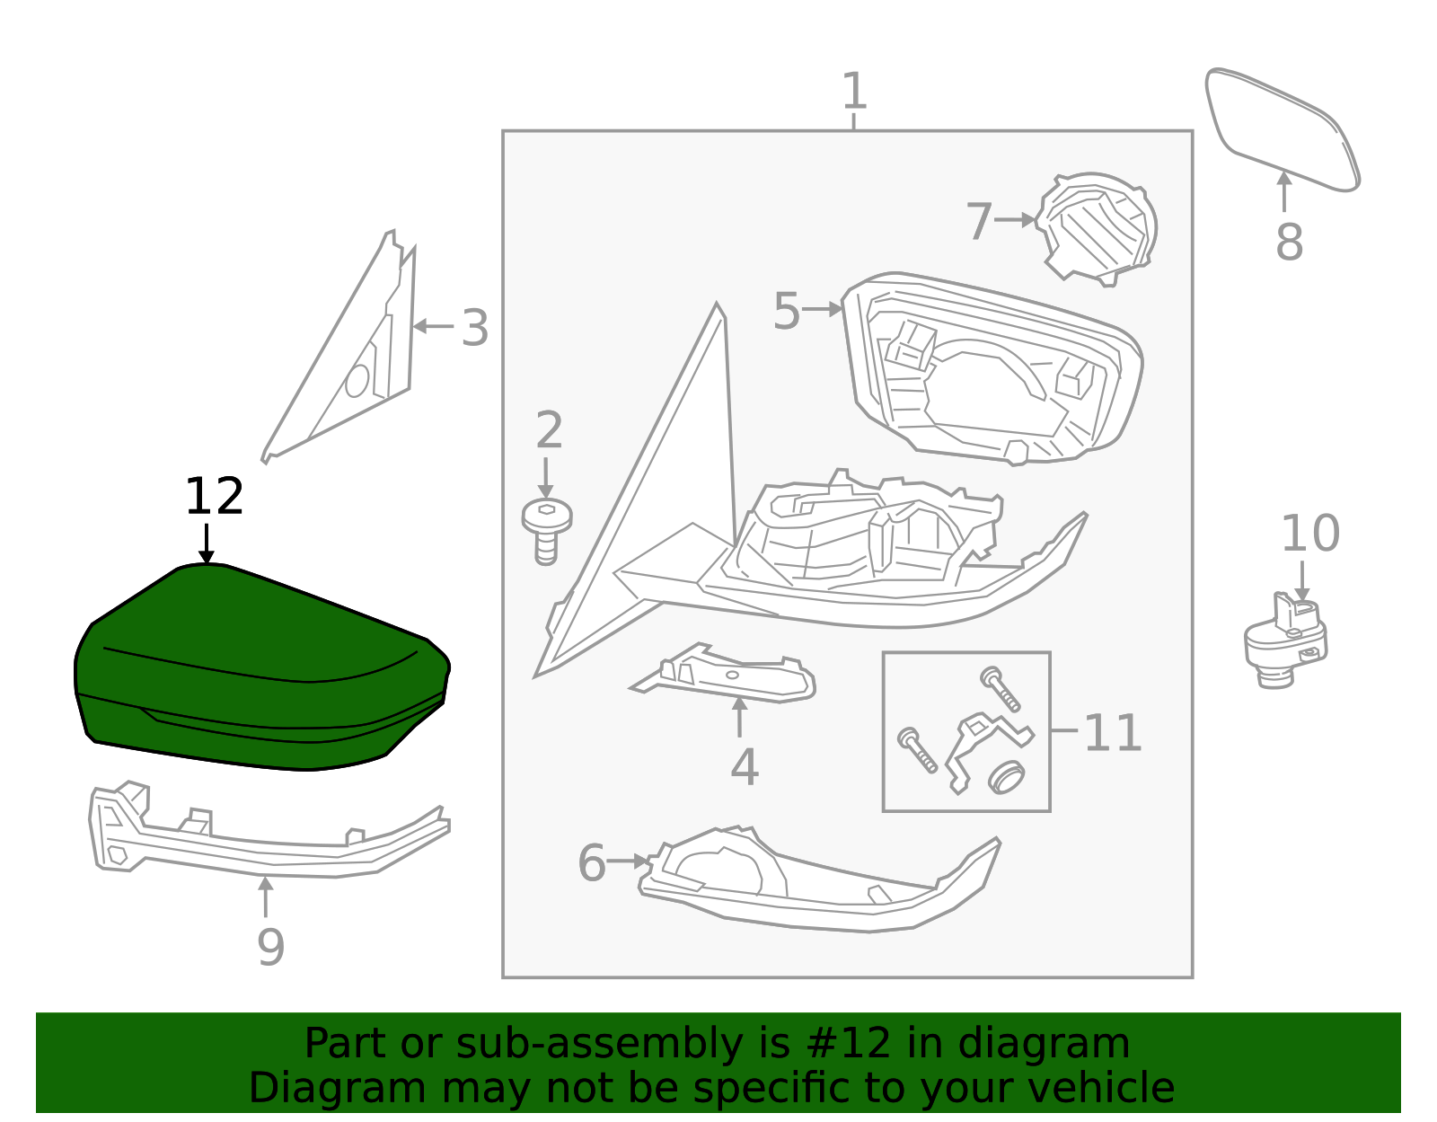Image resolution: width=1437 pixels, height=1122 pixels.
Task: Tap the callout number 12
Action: tap(214, 497)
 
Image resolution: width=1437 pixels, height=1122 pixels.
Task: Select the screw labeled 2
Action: tap(546, 530)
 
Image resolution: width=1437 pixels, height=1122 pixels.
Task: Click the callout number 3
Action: tap(474, 329)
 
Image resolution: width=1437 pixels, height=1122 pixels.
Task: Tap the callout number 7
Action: tap(978, 221)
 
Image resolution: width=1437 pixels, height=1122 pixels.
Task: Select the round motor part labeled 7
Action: tap(1098, 226)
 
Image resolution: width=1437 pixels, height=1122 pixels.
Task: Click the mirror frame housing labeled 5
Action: tap(992, 368)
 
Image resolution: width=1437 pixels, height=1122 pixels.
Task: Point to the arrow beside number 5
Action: tap(822, 309)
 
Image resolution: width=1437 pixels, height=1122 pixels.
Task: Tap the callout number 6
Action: tap(592, 863)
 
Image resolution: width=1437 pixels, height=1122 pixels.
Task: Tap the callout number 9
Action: tap(270, 947)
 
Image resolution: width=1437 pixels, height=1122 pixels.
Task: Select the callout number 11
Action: tap(1112, 733)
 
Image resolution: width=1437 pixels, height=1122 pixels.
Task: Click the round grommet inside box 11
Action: tap(1007, 776)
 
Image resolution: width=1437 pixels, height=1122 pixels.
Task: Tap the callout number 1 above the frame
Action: tap(854, 92)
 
